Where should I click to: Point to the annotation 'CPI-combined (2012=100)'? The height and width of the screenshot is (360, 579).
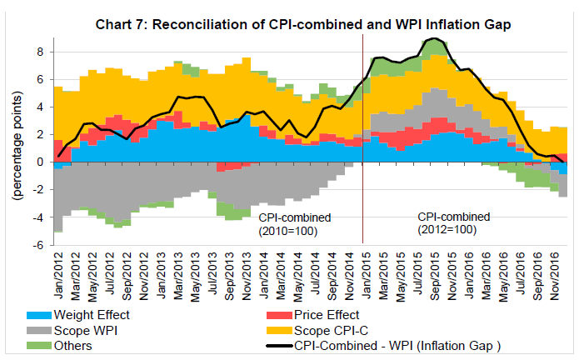(453, 224)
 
